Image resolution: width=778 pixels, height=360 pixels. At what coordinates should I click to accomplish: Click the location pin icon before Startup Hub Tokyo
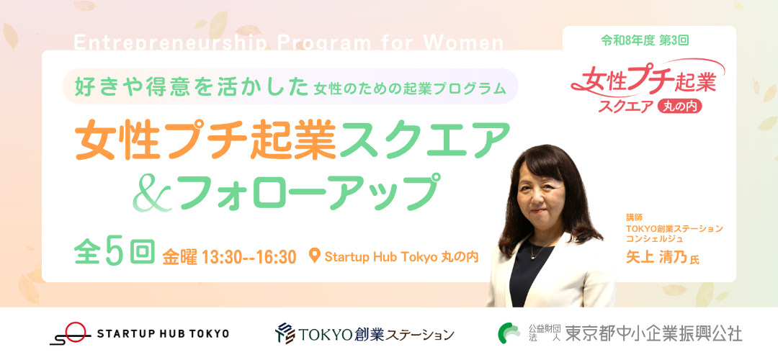(x=313, y=256)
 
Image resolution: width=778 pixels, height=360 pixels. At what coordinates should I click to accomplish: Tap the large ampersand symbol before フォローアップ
(x=152, y=192)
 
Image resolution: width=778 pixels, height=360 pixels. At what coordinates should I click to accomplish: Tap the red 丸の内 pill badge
(x=679, y=107)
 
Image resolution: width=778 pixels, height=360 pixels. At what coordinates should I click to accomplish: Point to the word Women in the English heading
(x=466, y=43)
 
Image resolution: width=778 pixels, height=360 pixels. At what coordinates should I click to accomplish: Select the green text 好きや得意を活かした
(x=192, y=86)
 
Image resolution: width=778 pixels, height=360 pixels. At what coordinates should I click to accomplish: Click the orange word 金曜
(x=180, y=257)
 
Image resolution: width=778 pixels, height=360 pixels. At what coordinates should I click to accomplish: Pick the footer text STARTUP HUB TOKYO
(x=164, y=333)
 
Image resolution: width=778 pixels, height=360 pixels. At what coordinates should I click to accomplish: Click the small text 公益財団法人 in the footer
(x=544, y=333)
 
